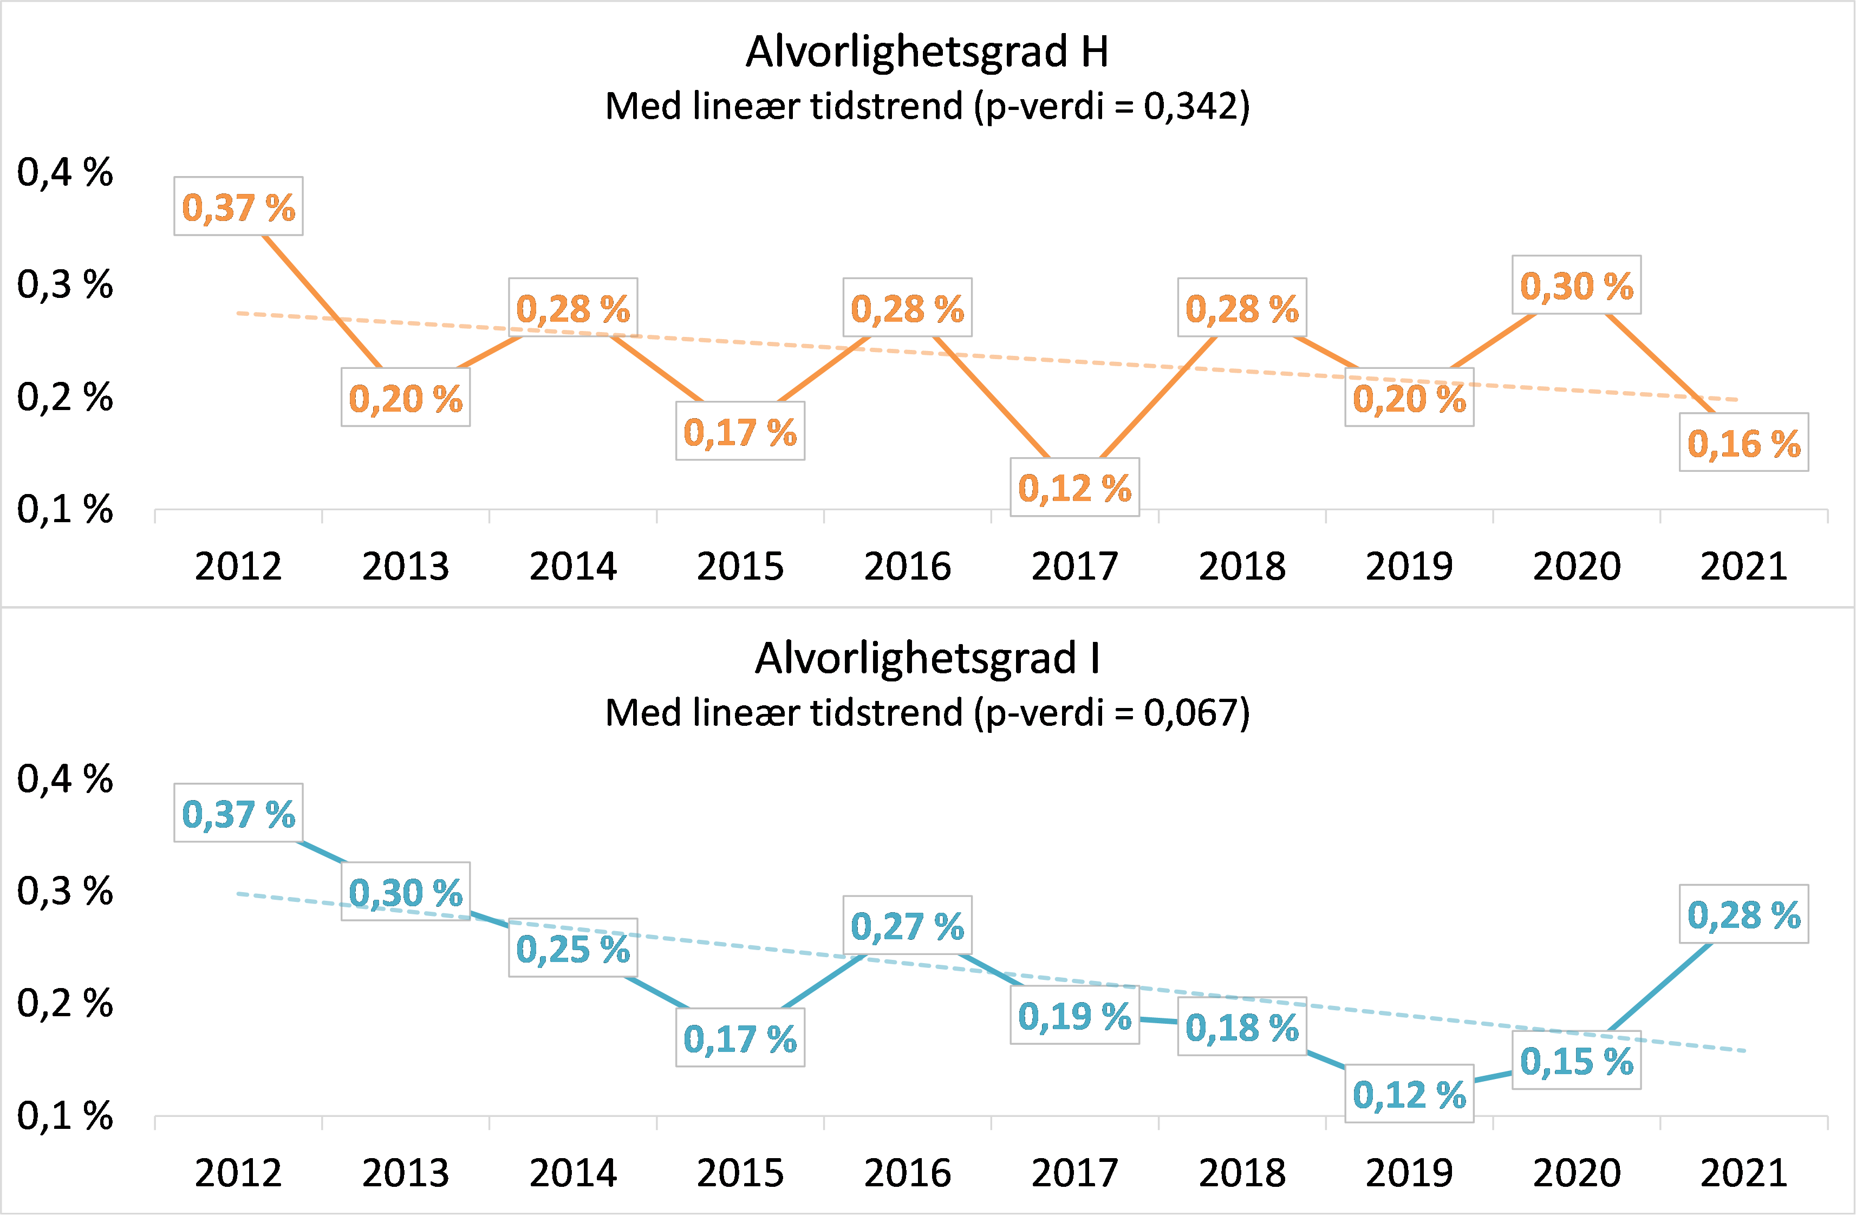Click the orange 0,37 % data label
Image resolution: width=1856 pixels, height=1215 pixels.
[x=238, y=207]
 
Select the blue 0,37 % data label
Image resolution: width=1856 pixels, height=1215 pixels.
[x=238, y=814]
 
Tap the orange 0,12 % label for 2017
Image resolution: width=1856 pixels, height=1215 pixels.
[x=1074, y=488]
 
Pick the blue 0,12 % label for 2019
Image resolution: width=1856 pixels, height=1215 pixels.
[x=1409, y=1094]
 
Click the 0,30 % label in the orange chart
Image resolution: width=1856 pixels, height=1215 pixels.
[x=1576, y=285]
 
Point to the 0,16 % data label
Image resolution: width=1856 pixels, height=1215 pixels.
[x=1744, y=443]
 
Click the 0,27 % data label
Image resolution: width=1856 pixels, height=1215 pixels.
[x=907, y=926]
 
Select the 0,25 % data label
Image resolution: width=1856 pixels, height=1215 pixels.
[x=573, y=948]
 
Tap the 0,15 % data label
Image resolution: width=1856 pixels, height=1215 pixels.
[x=1576, y=1061]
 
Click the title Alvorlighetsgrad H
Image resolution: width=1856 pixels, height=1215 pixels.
[x=927, y=51]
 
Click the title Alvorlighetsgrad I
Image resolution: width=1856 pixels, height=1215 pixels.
[x=927, y=658]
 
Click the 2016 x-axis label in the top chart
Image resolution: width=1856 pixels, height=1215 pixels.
[x=907, y=566]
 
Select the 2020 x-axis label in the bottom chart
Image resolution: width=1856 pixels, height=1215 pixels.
[x=1576, y=1173]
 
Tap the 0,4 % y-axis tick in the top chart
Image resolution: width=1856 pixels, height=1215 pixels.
[x=65, y=172]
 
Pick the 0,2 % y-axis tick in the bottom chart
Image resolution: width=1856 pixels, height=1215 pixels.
[x=65, y=1004]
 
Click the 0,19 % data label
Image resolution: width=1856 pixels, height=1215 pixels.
[x=1074, y=1015]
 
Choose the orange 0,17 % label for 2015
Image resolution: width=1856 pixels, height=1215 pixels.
[x=740, y=431]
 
